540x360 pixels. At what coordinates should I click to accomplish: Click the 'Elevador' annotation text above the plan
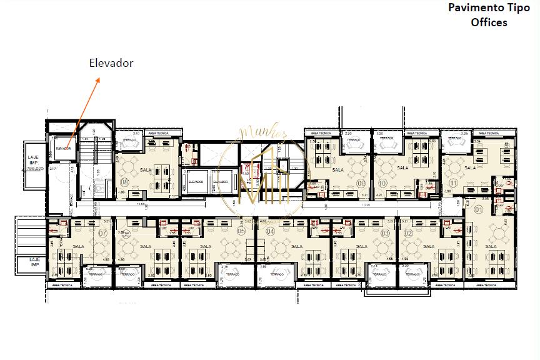(x=111, y=63)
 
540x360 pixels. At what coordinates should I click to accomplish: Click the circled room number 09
(x=361, y=182)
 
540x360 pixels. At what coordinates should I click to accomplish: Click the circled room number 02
(x=407, y=232)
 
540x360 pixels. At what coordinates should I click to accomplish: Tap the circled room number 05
(x=241, y=231)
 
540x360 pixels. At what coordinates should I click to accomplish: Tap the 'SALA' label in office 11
(x=470, y=167)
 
